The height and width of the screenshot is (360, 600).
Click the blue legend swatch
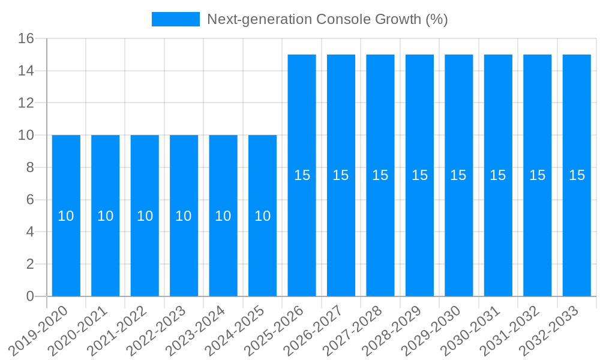(175, 19)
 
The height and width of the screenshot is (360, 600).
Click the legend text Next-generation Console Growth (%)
(327, 19)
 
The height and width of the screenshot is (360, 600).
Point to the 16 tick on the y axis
(26, 39)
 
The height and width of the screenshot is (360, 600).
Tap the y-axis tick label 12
(26, 103)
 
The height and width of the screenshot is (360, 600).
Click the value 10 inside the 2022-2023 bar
(184, 216)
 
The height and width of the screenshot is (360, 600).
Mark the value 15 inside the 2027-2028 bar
(380, 175)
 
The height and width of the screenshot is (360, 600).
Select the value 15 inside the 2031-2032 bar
(537, 175)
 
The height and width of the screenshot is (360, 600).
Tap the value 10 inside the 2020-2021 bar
(106, 216)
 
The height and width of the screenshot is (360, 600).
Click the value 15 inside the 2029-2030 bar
(458, 175)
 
